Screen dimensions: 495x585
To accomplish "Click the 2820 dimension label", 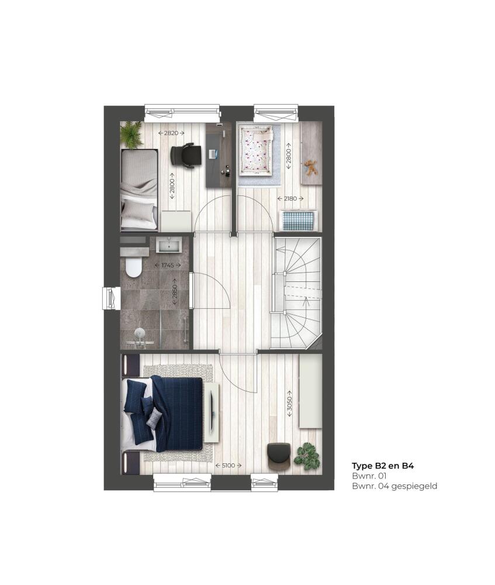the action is (171, 133).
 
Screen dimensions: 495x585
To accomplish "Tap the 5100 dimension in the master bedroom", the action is (229, 465).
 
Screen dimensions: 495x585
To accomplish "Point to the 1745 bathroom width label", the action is (168, 265).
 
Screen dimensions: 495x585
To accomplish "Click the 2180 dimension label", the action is (290, 198).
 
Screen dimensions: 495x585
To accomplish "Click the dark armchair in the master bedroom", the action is (278, 456).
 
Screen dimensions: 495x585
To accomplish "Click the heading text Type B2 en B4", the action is (383, 466).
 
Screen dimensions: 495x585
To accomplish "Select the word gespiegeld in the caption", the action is (414, 487).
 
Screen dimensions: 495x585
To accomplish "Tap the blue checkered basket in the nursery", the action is (300, 221).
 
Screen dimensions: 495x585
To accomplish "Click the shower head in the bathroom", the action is (139, 332).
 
